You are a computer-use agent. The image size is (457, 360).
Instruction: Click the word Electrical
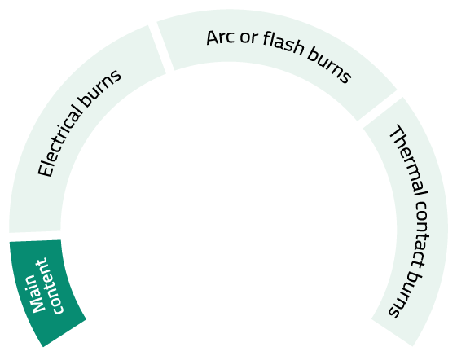pos(59,141)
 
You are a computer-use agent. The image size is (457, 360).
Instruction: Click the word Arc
pos(218,37)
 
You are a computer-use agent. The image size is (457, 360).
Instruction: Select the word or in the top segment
pos(249,37)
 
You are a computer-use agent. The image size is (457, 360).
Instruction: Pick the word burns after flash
pos(329,67)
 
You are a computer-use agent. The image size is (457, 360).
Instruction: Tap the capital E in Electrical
pos(45,170)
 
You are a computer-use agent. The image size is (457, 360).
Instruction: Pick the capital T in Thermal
pos(396,132)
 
